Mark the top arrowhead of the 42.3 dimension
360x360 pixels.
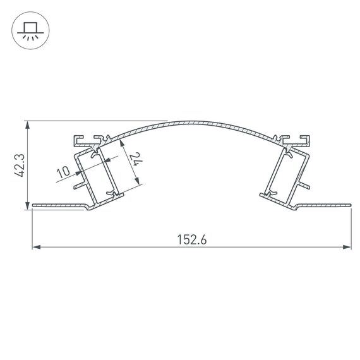(x=27, y=124)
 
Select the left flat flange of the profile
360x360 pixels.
(x=57, y=205)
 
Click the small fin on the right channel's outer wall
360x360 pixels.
(x=305, y=185)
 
